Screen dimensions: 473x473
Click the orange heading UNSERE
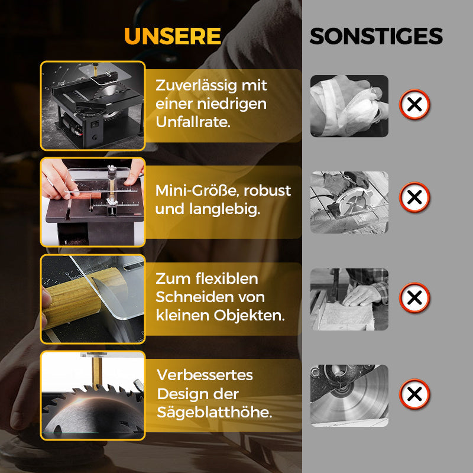click(173, 36)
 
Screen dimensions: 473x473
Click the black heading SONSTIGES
click(376, 37)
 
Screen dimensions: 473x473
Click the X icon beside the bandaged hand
click(414, 105)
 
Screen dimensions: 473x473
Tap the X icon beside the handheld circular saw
click(414, 197)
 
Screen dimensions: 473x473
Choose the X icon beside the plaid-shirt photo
click(414, 297)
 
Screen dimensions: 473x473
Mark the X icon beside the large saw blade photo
click(414, 394)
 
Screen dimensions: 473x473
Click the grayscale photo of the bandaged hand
click(349, 106)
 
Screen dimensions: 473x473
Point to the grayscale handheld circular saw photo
click(349, 202)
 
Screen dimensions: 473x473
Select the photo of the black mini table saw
click(92, 105)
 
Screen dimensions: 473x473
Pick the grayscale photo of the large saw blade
click(349, 395)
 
